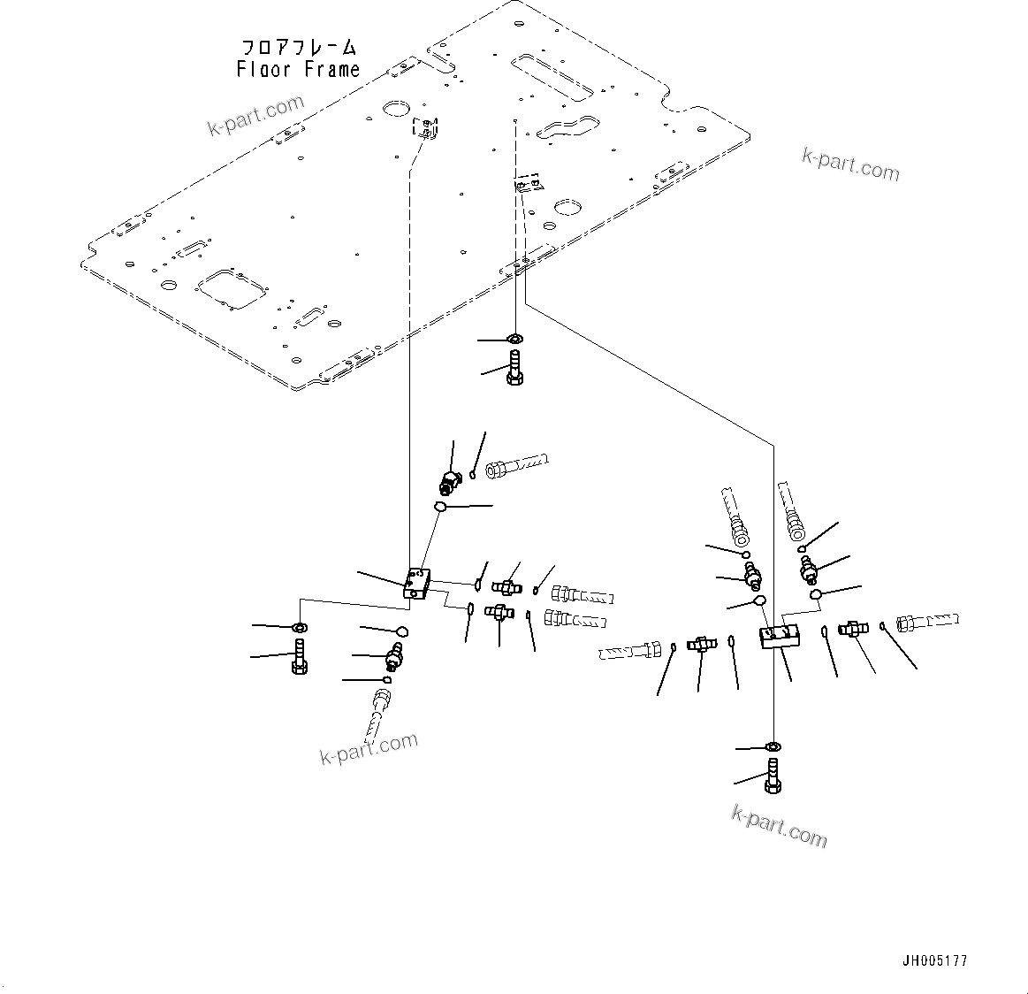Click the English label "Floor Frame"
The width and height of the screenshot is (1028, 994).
pyautogui.click(x=298, y=70)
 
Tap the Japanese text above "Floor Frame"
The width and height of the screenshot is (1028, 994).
pyautogui.click(x=298, y=47)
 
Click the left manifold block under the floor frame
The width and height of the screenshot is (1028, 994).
pyautogui.click(x=415, y=585)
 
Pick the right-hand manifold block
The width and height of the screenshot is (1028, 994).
pyautogui.click(x=779, y=636)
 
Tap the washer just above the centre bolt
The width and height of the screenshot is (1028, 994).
pyautogui.click(x=515, y=339)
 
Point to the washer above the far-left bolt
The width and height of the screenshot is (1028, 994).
pyautogui.click(x=300, y=628)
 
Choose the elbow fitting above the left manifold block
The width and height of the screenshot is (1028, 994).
pyautogui.click(x=450, y=482)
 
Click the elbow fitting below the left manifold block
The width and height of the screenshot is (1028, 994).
pyautogui.click(x=393, y=655)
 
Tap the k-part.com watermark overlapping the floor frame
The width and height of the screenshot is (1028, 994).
pyautogui.click(x=255, y=117)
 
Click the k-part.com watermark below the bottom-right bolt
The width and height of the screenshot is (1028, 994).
pyautogui.click(x=779, y=825)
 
